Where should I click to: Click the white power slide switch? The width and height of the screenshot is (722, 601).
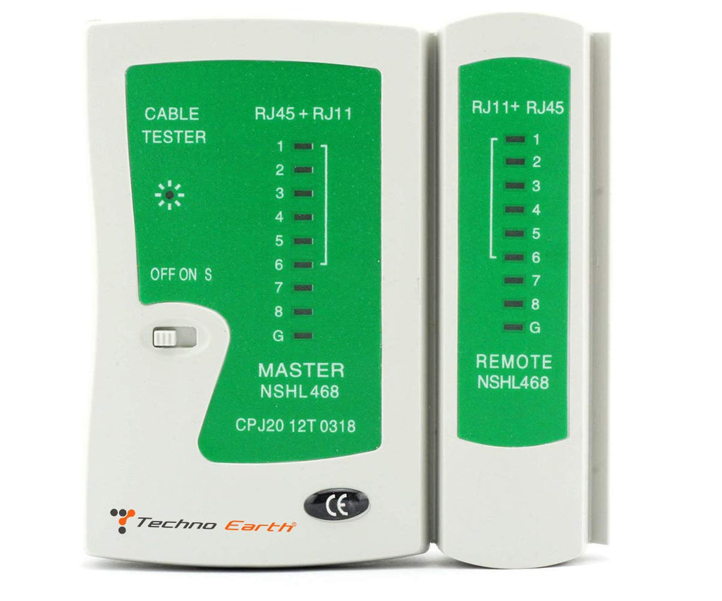tap(164, 337)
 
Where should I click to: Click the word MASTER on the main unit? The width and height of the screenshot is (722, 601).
tap(301, 371)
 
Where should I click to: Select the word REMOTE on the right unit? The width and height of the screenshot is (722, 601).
tap(513, 361)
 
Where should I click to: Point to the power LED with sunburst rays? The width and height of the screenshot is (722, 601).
tap(169, 196)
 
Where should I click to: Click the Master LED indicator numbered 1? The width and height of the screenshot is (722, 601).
tap(303, 147)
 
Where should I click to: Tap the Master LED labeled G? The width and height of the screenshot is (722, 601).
tap(303, 336)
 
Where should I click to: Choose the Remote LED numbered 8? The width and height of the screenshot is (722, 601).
tap(514, 304)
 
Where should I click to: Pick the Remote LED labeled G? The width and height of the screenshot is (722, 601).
tap(514, 328)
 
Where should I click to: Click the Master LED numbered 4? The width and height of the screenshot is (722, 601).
tap(303, 217)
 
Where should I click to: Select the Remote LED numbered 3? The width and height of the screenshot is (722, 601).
tap(515, 186)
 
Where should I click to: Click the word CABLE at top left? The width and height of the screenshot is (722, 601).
tap(172, 113)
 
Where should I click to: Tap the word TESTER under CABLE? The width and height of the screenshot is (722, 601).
tap(173, 137)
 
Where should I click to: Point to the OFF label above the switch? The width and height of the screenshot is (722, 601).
tap(163, 275)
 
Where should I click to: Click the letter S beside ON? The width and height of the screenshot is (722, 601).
tap(208, 275)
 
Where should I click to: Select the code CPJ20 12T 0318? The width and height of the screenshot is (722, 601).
tap(295, 426)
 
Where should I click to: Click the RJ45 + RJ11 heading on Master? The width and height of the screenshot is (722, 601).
tap(303, 113)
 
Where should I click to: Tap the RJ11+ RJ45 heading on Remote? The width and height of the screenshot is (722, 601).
tap(518, 107)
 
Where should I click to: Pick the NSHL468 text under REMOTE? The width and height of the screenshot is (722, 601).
tap(513, 383)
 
